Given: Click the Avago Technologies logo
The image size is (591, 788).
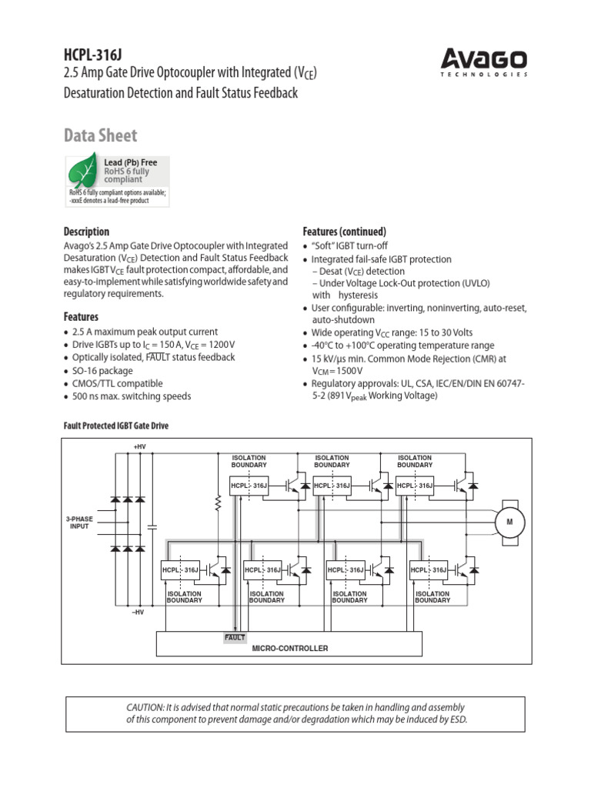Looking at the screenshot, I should (483, 62).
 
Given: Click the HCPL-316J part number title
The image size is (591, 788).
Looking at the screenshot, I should (93, 55).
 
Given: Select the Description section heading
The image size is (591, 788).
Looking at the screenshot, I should (86, 232).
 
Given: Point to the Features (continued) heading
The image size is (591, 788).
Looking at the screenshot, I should (344, 232).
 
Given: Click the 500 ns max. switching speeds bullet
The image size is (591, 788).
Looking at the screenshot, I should (132, 396).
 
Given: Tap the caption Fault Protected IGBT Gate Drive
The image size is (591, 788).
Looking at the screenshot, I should (115, 426).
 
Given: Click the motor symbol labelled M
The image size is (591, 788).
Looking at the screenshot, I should (509, 523).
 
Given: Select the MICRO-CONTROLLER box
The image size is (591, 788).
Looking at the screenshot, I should (289, 648).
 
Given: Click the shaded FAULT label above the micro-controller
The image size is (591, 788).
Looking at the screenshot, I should (235, 637).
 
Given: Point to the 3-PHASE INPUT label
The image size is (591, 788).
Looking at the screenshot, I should (80, 523).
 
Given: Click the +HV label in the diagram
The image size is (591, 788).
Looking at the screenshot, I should (139, 446).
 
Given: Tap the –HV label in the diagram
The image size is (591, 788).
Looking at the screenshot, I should (138, 612).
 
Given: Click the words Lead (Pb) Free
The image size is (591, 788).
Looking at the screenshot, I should (131, 162).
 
